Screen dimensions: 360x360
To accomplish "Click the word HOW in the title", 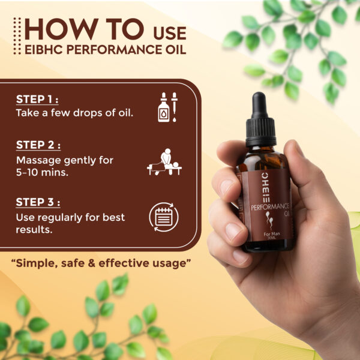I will [53, 29].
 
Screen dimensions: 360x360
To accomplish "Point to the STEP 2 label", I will [38, 145].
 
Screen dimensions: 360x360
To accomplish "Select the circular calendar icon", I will [164, 217].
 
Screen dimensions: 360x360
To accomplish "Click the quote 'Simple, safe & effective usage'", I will [105, 263].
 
